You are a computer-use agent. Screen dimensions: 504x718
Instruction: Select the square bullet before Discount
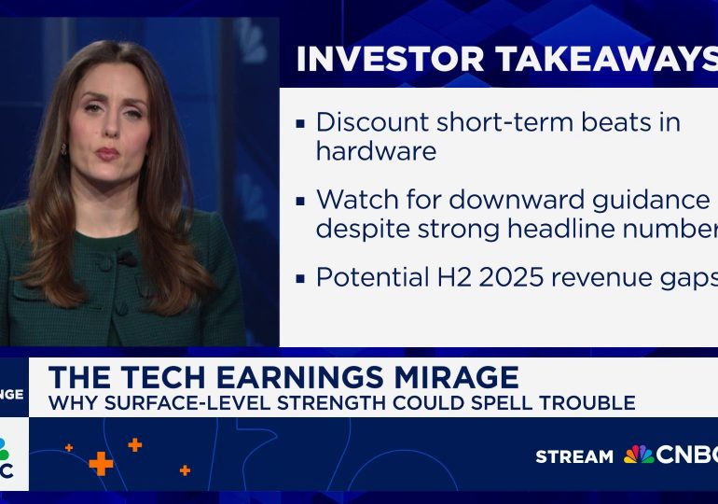[x=300, y=123]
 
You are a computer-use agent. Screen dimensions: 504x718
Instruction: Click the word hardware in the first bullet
[x=376, y=150]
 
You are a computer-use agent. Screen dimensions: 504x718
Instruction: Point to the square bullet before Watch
[x=300, y=201]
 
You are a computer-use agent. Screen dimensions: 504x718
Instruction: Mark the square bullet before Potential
[x=300, y=278]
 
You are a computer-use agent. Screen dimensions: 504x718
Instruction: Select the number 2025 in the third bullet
[x=527, y=277]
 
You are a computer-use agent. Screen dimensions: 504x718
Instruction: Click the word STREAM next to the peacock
[x=573, y=456]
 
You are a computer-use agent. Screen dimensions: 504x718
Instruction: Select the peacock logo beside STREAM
[x=638, y=455]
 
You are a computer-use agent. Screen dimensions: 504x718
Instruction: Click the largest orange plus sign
[x=101, y=463]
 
